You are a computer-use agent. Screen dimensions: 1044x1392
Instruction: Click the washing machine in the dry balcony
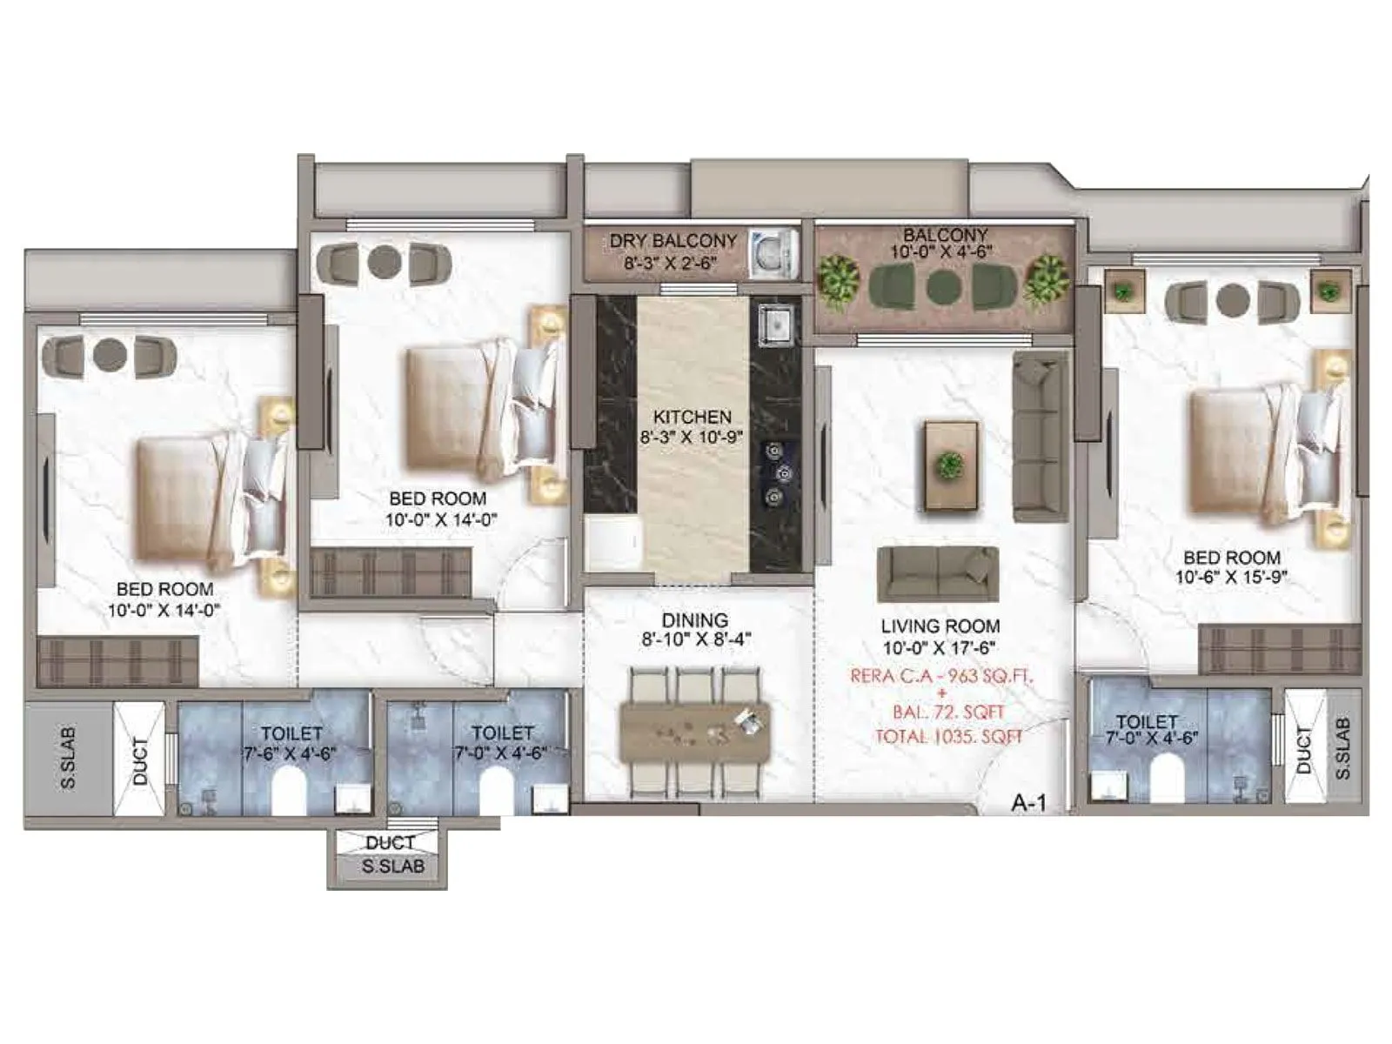pyautogui.click(x=773, y=253)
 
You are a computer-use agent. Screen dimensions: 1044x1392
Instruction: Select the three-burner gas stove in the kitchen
pyautogui.click(x=776, y=473)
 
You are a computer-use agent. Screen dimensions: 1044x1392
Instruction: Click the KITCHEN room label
pyautogui.click(x=693, y=417)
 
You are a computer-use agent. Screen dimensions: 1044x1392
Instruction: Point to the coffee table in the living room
pyautogui.click(x=951, y=465)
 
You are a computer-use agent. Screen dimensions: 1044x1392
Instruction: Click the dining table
pyautogui.click(x=694, y=732)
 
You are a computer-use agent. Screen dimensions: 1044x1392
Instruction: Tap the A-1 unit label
pyautogui.click(x=1028, y=803)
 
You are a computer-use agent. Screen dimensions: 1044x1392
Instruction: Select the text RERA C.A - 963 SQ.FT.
pyautogui.click(x=942, y=676)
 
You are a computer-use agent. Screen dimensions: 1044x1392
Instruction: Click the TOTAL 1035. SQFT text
pyautogui.click(x=948, y=737)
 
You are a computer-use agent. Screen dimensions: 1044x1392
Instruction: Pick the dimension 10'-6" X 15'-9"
pyautogui.click(x=1231, y=577)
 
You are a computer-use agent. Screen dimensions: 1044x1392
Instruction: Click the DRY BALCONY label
pyautogui.click(x=673, y=240)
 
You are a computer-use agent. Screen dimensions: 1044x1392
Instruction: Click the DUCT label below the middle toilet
pyautogui.click(x=389, y=842)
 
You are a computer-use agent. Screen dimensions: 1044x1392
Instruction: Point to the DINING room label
pyautogui.click(x=694, y=620)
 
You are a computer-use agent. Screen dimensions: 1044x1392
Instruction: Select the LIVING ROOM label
pyautogui.click(x=940, y=626)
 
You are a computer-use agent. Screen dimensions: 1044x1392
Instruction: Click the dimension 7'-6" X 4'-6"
pyautogui.click(x=291, y=753)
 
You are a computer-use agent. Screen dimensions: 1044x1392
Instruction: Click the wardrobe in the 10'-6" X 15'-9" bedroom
pyautogui.click(x=1279, y=649)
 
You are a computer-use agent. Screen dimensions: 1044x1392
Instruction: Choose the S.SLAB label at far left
pyautogui.click(x=68, y=758)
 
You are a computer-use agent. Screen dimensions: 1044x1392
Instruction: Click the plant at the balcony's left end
pyautogui.click(x=839, y=279)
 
